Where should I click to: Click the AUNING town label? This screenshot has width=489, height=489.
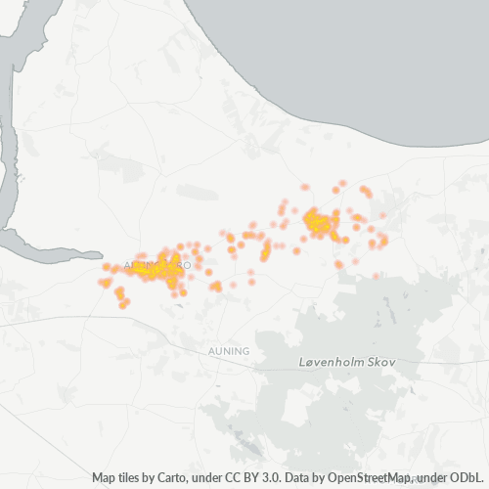click(230, 350)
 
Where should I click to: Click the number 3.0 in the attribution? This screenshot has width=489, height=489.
click(257, 478)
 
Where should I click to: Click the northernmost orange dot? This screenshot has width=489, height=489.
click(343, 182)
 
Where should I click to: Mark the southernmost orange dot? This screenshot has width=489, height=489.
click(123, 305)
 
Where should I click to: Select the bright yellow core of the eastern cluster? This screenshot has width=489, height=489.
click(318, 224)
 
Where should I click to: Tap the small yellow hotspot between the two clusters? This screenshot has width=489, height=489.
click(265, 253)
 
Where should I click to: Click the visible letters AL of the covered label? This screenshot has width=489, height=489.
click(130, 265)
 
